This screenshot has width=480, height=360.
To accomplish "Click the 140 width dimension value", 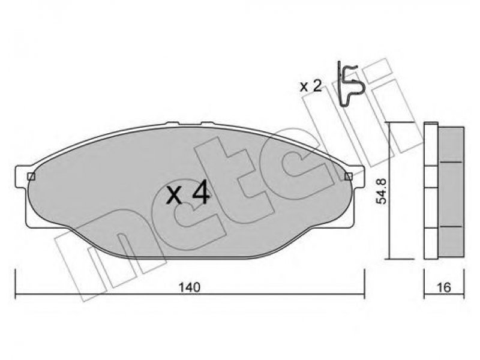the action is (x=190, y=287).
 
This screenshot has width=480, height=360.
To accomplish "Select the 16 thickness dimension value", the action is (x=444, y=287).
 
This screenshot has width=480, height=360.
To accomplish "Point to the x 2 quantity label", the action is (x=311, y=86).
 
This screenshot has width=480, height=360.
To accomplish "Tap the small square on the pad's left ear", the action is (x=31, y=176).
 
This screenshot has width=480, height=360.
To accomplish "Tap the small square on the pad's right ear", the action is (x=349, y=176).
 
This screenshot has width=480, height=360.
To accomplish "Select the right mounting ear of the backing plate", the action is (x=357, y=177).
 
